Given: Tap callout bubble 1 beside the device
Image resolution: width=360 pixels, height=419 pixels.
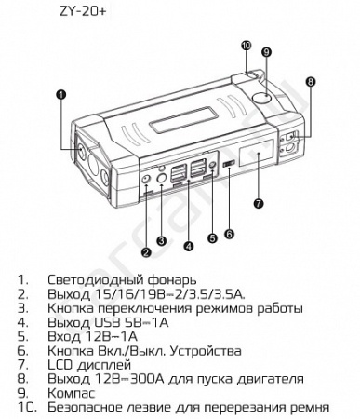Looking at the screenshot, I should click(60, 93).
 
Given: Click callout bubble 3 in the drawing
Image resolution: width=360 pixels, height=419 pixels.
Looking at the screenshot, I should click(161, 241).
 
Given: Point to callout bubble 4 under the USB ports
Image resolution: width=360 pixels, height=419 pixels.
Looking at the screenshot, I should click(190, 246).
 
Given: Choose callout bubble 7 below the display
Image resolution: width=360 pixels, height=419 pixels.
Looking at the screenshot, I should click(258, 201).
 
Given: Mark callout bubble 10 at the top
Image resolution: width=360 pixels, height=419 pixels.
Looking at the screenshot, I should click(247, 45).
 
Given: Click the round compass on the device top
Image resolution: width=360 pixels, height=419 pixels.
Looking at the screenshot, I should click(263, 94).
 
